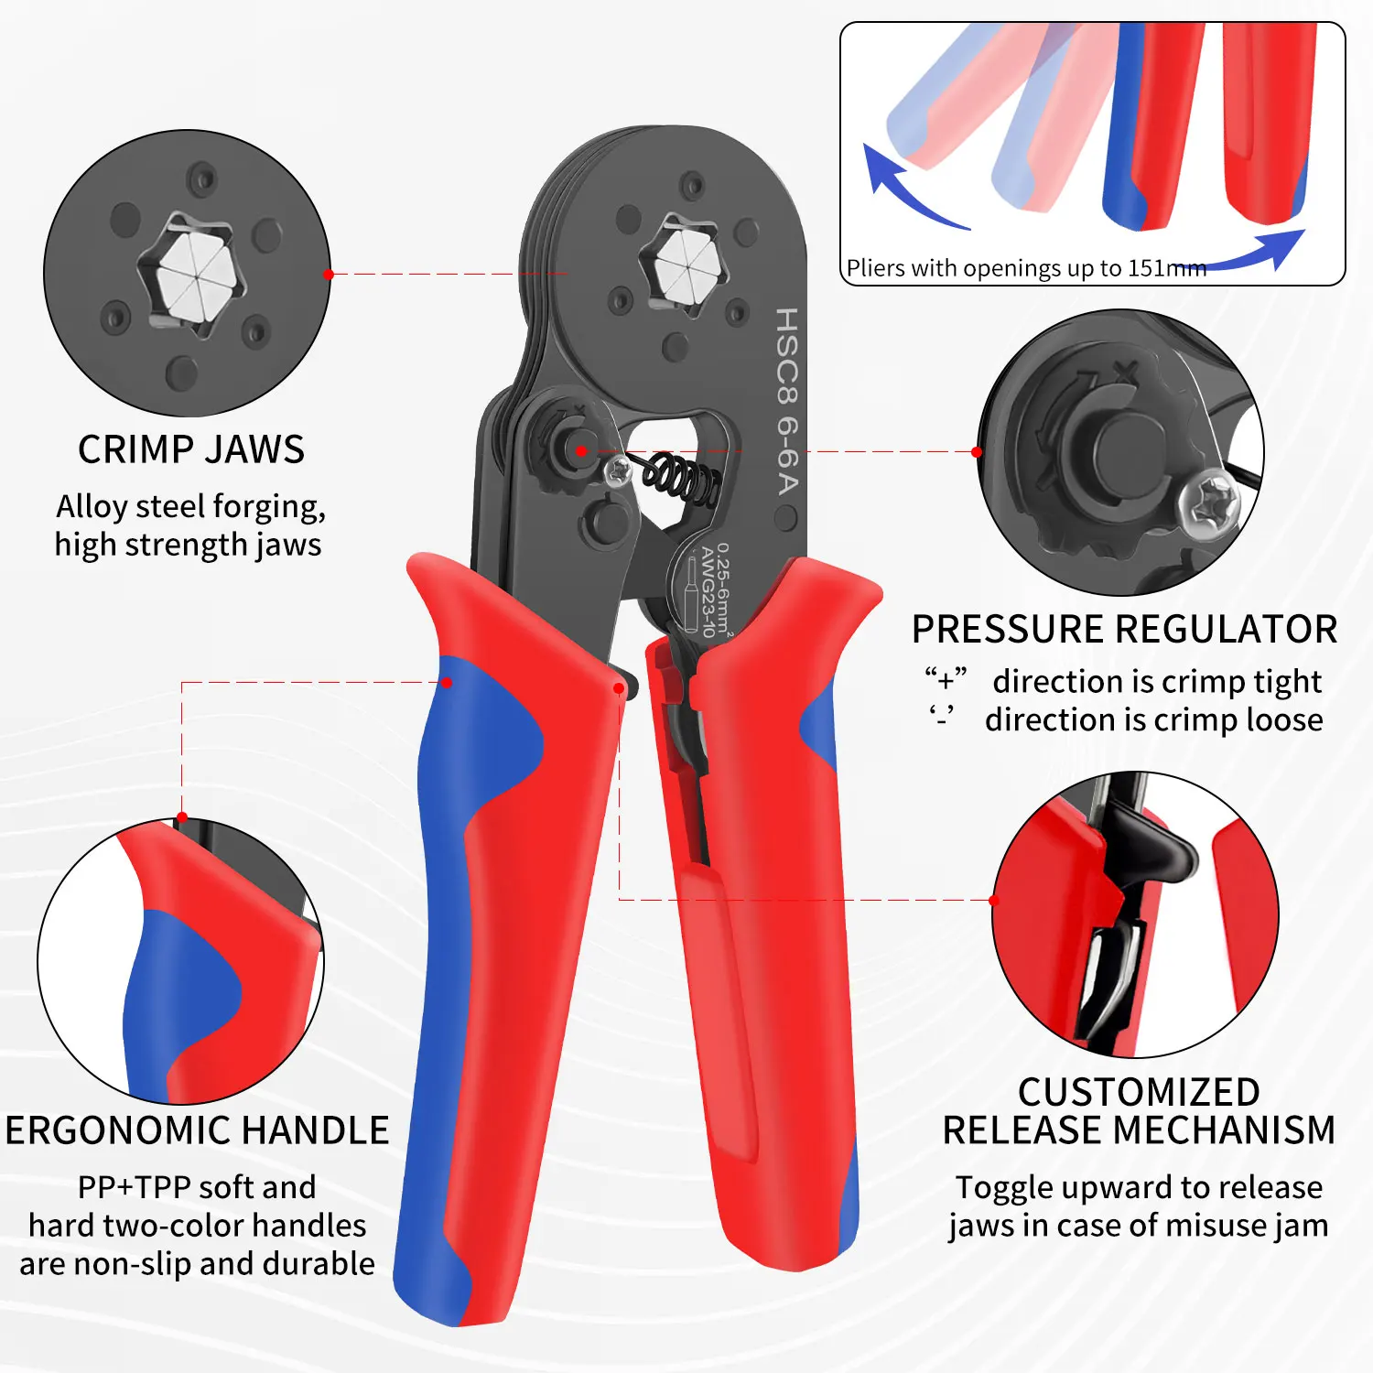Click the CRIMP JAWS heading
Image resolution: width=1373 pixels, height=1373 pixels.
coord(190,449)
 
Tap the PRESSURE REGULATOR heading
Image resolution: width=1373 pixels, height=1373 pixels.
coord(1124,630)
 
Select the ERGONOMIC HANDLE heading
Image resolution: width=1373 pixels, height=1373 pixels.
coord(197,1130)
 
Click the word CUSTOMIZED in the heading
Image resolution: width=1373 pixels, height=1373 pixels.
coord(1139,1092)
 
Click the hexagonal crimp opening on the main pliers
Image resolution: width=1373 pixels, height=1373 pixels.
coord(685,264)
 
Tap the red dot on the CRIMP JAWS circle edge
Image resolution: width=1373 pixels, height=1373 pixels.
coord(329,274)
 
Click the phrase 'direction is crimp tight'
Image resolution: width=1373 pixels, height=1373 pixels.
coord(1157,681)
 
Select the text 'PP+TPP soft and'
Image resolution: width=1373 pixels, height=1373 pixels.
coord(197,1187)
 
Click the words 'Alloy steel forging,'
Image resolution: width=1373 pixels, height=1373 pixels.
coord(190,506)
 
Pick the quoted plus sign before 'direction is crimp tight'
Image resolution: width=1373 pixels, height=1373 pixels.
coord(946,680)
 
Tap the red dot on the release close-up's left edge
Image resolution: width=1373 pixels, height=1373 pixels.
coord(995,900)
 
